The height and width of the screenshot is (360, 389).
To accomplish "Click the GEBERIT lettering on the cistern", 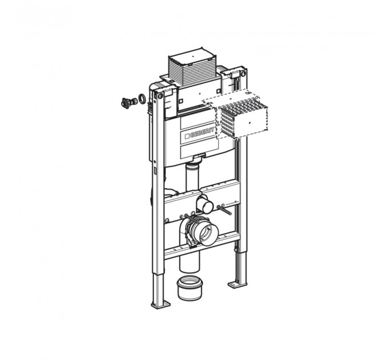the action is pyautogui.click(x=202, y=133).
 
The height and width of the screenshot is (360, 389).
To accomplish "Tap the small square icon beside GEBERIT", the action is pyautogui.click(x=187, y=137).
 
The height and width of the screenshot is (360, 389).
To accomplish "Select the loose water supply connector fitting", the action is pyautogui.click(x=129, y=102).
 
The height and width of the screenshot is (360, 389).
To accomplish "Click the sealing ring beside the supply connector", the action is pyautogui.click(x=142, y=98).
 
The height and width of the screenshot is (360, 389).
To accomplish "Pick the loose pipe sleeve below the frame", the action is pyautogui.click(x=190, y=289).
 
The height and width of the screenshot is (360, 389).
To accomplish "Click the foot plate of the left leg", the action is pyautogui.click(x=161, y=305).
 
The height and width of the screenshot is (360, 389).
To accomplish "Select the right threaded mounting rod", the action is pyautogui.click(x=224, y=210).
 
